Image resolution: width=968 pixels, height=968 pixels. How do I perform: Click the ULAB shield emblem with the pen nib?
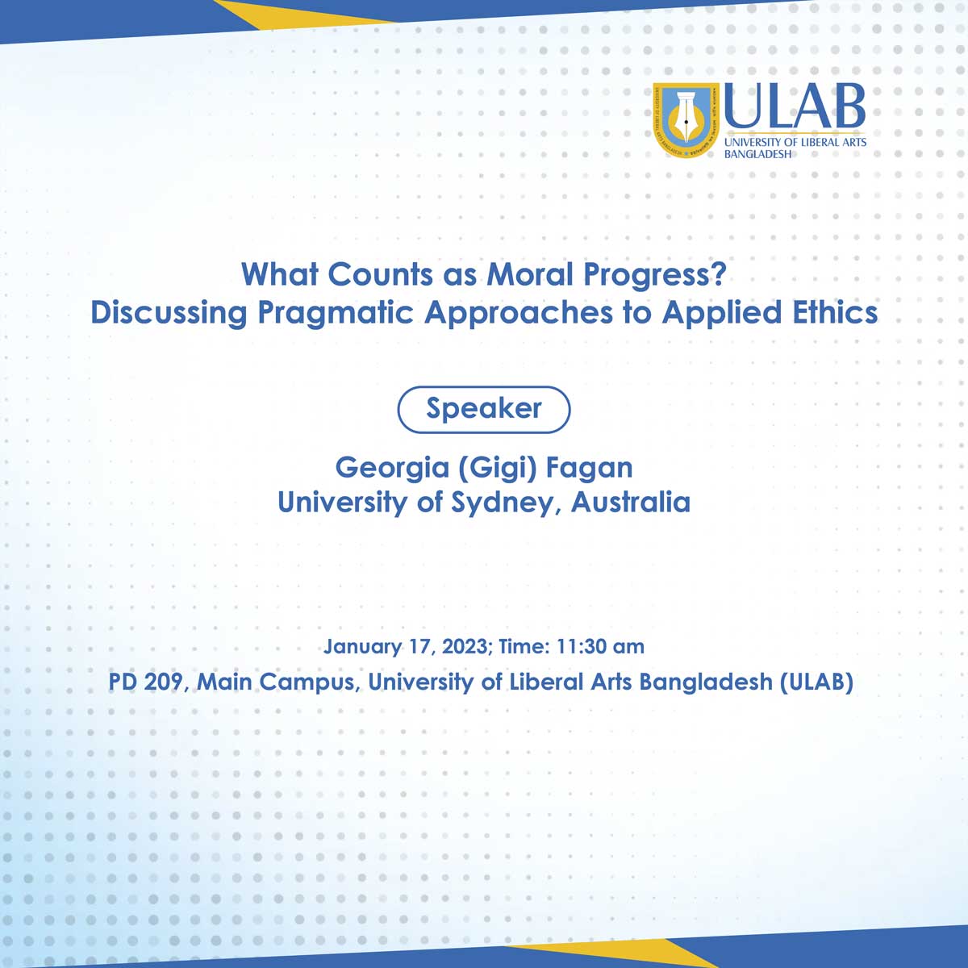(x=686, y=119)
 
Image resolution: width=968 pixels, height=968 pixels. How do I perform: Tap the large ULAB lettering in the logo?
(x=795, y=106)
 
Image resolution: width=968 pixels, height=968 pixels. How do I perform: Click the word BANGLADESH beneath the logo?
(x=757, y=154)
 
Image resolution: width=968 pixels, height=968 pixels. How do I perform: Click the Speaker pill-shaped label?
(x=484, y=409)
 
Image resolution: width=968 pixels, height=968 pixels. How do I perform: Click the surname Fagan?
(x=589, y=469)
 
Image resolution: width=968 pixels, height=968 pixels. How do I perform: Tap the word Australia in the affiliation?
(x=631, y=503)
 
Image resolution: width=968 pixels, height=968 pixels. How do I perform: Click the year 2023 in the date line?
(x=464, y=646)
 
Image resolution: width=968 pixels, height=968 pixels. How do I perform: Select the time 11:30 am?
(x=600, y=646)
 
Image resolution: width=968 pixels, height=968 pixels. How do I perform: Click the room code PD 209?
(x=148, y=682)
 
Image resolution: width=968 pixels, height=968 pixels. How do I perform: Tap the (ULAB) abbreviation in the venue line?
(x=817, y=682)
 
